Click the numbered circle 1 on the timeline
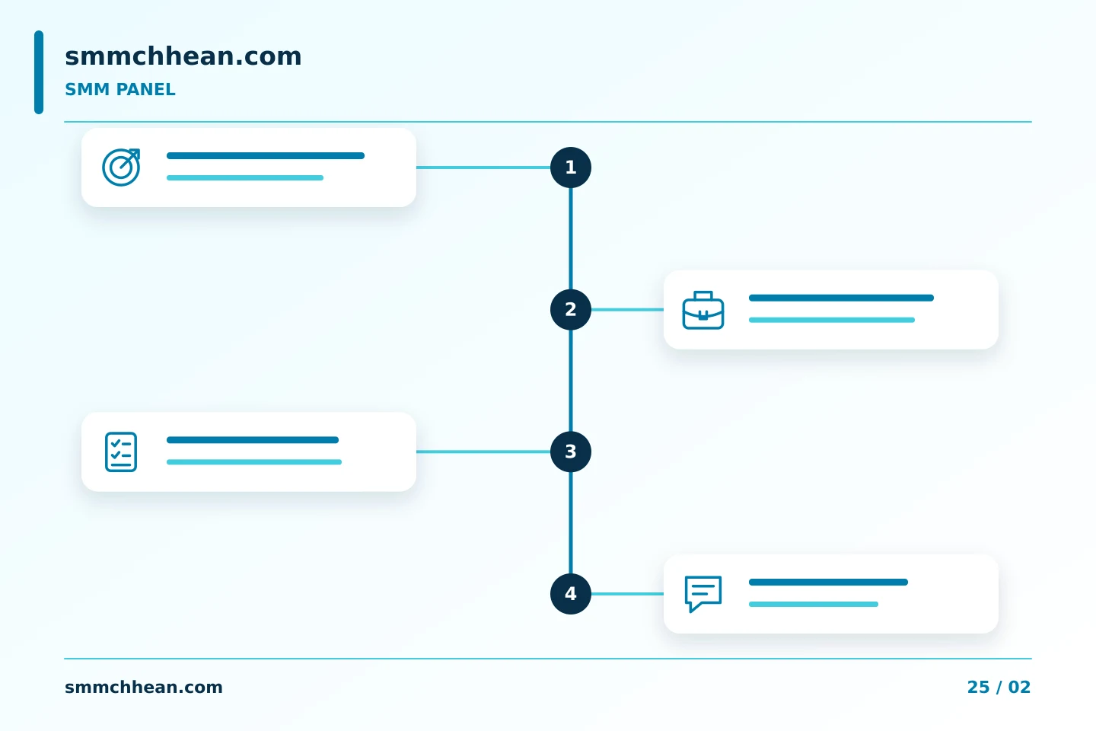click(x=571, y=168)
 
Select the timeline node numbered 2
click(x=571, y=309)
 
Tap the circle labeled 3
click(x=571, y=452)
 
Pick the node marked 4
click(x=571, y=594)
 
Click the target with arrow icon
click(x=121, y=168)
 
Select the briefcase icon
click(x=703, y=311)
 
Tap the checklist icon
click(x=121, y=452)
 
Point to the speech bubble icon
click(x=703, y=594)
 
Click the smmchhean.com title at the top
click(x=183, y=56)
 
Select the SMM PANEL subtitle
click(x=120, y=90)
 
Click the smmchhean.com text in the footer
click(x=143, y=688)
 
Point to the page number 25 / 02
click(x=999, y=688)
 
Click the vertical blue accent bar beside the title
click(x=39, y=72)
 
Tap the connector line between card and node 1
click(x=483, y=168)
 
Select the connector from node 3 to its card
click(x=483, y=452)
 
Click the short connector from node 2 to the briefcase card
click(x=627, y=309)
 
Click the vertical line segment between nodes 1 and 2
click(x=571, y=238)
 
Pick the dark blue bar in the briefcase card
click(x=841, y=298)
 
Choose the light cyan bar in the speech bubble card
click(x=813, y=604)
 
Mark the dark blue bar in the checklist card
click(x=253, y=439)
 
